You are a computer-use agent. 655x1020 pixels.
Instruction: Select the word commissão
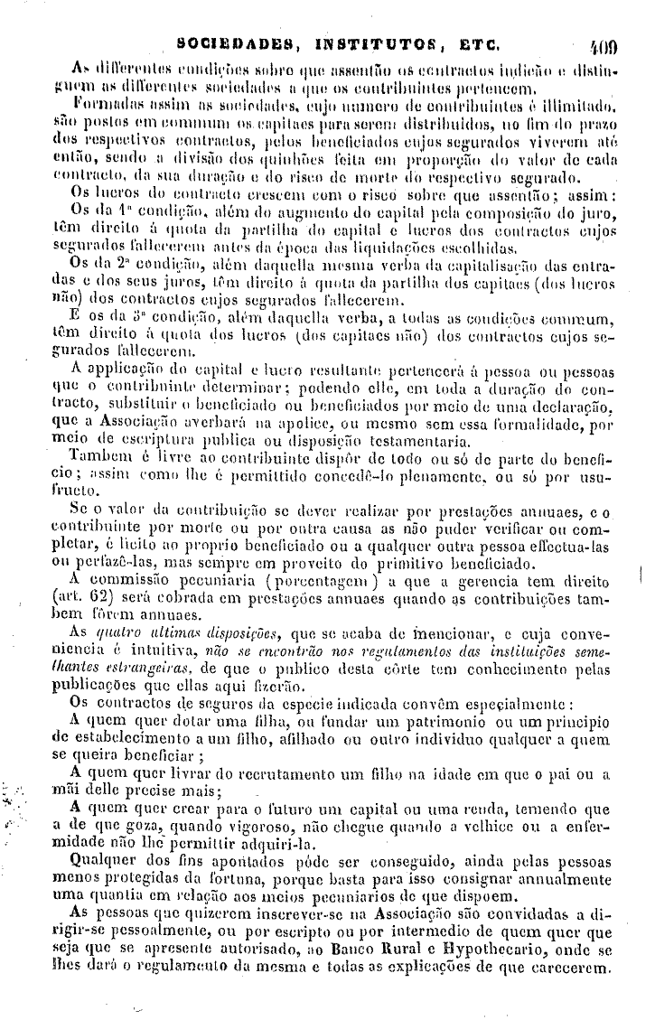pos(132,579)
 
